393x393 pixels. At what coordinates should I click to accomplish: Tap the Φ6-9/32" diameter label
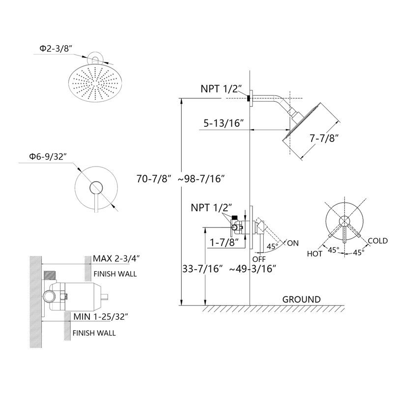tap(48, 157)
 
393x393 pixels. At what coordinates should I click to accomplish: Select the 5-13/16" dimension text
tap(224, 123)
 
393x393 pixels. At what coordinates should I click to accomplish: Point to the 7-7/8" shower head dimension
tap(324, 138)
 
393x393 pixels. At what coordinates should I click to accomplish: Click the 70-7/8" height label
tap(154, 179)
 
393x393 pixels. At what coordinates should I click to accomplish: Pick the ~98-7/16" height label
tap(201, 179)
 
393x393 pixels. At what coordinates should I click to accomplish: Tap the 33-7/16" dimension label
tap(202, 269)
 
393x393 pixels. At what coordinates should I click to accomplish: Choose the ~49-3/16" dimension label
tap(253, 269)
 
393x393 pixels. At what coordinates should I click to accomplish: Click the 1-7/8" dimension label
tap(224, 242)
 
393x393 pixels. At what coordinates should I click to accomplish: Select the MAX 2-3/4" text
tap(116, 258)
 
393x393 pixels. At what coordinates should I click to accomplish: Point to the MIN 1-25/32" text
tap(101, 317)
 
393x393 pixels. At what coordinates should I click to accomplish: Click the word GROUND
tap(302, 300)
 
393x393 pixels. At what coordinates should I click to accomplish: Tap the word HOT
tap(314, 254)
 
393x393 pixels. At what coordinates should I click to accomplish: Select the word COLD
tap(378, 241)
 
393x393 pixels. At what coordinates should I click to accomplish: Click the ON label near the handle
tap(293, 243)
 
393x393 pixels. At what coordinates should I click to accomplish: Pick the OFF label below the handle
tap(259, 259)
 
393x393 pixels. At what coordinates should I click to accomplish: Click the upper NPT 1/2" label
tap(221, 89)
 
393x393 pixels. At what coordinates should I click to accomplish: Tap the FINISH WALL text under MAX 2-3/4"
tap(115, 274)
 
